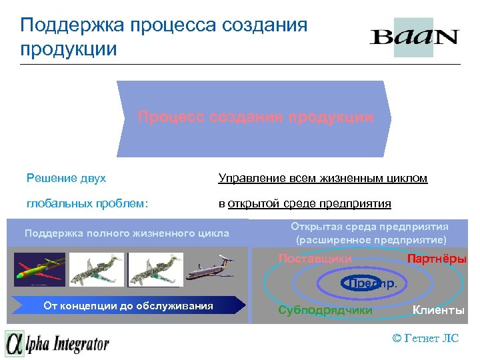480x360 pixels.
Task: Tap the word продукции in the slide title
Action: pyautogui.click(x=69, y=49)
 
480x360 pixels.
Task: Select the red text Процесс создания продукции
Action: pyautogui.click(x=255, y=117)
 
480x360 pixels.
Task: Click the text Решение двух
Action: pyautogui.click(x=66, y=179)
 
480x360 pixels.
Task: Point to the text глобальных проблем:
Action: pyautogui.click(x=86, y=203)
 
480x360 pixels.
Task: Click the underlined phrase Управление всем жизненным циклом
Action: pyautogui.click(x=323, y=179)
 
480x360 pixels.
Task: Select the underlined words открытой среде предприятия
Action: pyautogui.click(x=309, y=203)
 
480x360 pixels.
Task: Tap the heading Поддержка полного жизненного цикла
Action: pyautogui.click(x=126, y=233)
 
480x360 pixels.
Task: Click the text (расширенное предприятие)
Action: pyautogui.click(x=371, y=240)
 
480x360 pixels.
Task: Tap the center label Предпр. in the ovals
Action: pyautogui.click(x=372, y=283)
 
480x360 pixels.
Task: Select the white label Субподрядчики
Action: pyautogui.click(x=325, y=310)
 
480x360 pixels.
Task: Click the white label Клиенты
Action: pyautogui.click(x=438, y=310)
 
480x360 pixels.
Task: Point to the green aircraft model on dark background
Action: pyautogui.click(x=40, y=269)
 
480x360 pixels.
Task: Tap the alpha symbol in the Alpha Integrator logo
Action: pyautogui.click(x=15, y=344)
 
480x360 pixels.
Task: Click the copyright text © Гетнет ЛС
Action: pyautogui.click(x=425, y=338)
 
